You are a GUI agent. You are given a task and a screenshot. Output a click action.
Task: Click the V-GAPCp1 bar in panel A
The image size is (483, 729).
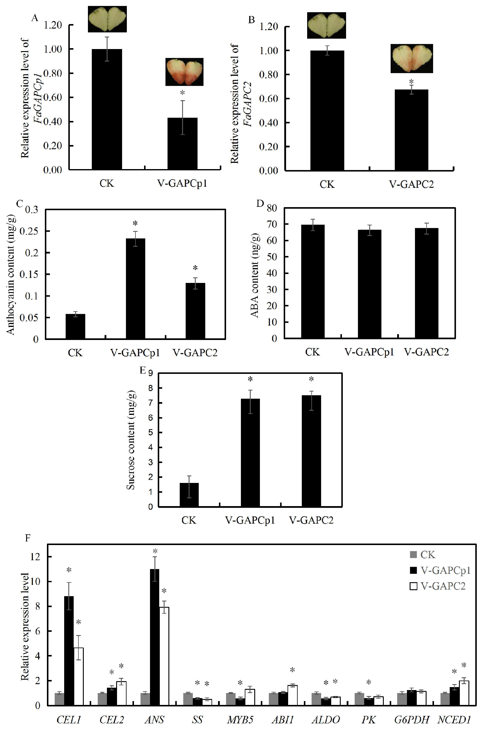[x=182, y=144]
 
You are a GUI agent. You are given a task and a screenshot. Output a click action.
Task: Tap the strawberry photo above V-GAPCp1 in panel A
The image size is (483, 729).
[x=184, y=72]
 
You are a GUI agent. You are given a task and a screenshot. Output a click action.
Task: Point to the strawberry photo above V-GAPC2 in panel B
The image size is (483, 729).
[x=411, y=59]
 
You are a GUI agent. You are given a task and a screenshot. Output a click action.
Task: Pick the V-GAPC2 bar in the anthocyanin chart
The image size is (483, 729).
[x=195, y=311]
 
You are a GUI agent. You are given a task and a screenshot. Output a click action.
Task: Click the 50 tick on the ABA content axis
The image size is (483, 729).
[x=272, y=257]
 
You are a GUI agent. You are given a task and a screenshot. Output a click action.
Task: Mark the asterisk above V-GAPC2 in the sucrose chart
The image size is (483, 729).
[x=311, y=379]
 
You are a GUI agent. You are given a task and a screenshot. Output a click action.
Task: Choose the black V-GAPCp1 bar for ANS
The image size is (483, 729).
[x=155, y=637]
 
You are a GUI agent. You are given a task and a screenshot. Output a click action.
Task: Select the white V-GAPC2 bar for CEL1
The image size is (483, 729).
[x=78, y=676]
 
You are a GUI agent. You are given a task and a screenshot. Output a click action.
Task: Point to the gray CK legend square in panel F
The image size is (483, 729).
[x=413, y=555]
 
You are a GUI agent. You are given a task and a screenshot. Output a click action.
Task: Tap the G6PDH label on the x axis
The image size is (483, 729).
[x=411, y=720]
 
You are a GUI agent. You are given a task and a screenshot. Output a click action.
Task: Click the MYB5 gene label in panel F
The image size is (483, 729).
[x=240, y=720]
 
